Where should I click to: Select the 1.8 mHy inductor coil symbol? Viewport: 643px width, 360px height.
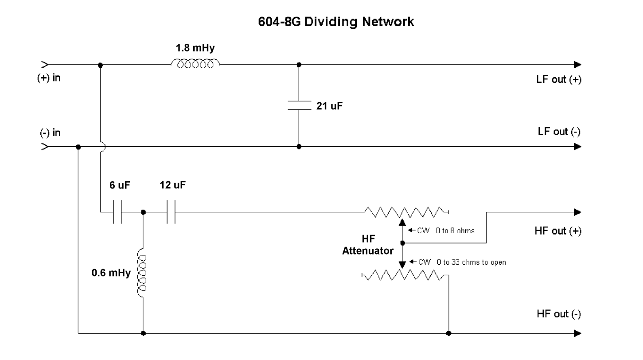(195, 65)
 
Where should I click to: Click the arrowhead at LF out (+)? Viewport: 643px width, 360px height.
(577, 65)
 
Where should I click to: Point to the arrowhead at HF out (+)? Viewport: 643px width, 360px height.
(577, 212)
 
